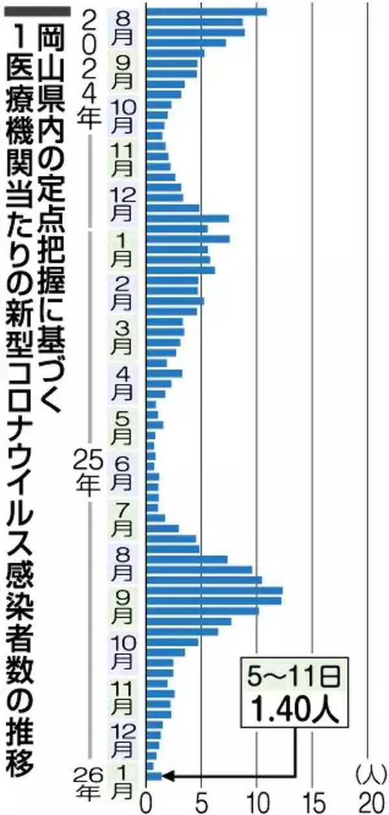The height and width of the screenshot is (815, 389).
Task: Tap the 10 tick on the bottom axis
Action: (x=257, y=800)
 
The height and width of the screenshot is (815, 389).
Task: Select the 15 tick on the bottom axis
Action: (x=312, y=800)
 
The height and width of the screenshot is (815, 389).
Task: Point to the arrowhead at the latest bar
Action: (x=165, y=775)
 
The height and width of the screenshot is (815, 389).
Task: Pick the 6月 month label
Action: (x=123, y=473)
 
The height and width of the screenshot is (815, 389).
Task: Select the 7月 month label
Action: (x=123, y=519)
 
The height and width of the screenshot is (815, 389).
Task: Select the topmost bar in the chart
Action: (x=206, y=11)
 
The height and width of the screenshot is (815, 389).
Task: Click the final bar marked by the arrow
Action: (x=154, y=775)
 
